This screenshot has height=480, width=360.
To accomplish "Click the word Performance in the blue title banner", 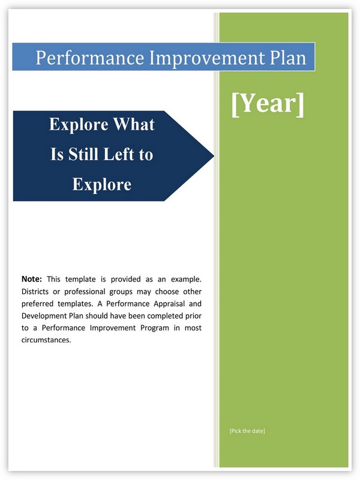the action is tap(90, 58).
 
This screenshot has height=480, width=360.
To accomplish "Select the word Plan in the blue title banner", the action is tap(288, 57).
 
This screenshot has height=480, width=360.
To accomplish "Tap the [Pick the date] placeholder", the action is tap(247, 431).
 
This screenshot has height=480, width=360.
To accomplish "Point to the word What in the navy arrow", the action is tap(134, 124).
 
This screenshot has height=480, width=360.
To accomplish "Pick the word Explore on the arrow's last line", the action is tap(102, 184).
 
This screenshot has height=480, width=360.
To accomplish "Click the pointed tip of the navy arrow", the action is tap(214, 156).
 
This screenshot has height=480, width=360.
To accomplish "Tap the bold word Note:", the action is tap(32, 279).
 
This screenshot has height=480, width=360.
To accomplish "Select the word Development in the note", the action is tap(41, 316).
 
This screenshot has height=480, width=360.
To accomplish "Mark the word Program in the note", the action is tap(155, 328).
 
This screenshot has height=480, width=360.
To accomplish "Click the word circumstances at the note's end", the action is tap(46, 340).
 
